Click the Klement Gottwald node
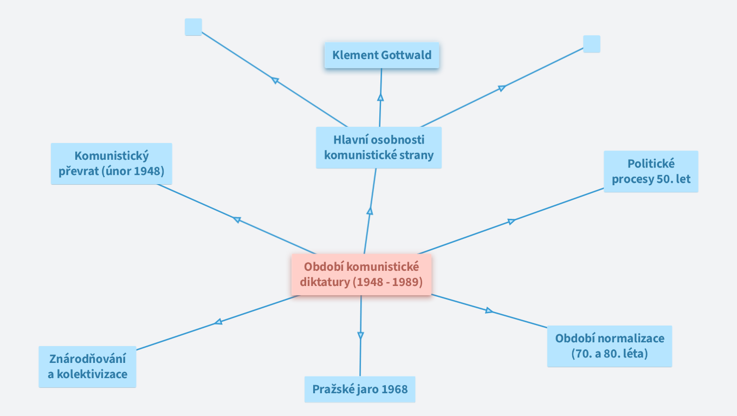coord(382,55)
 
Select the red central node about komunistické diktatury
coord(361,275)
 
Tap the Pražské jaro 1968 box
coord(359,389)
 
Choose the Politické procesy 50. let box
coord(651,171)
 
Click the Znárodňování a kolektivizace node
coord(87,367)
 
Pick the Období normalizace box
coord(609,346)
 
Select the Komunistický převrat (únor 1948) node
coord(111,164)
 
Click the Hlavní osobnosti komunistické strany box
coord(378,147)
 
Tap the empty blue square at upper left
coord(193,27)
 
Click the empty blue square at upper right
coord(591,44)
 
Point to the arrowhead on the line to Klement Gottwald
coord(380,97)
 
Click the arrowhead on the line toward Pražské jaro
coord(360,336)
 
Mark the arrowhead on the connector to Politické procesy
coord(510,221)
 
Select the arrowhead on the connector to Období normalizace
coord(489,310)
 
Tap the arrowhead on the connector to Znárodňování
coord(218,322)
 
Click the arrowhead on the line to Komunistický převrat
coord(237,219)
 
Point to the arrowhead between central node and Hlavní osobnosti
coord(370,211)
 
